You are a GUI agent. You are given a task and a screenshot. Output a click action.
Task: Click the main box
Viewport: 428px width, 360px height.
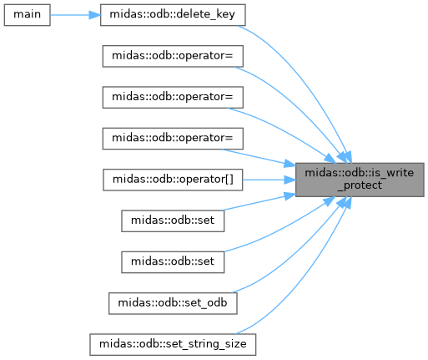pos(27,15)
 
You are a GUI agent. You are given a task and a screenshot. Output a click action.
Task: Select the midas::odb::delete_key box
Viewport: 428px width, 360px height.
pos(173,15)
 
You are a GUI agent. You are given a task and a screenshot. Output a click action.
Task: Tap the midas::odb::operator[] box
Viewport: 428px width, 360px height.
pos(173,180)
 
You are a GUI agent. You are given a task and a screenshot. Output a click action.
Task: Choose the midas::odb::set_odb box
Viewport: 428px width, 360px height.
pos(173,303)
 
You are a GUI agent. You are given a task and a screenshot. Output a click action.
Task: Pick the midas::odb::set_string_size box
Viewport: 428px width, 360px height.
pos(173,345)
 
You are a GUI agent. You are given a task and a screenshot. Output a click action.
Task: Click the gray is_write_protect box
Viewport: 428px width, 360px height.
pos(360,180)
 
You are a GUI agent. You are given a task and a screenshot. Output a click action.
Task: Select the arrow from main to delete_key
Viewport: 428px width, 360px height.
pos(75,15)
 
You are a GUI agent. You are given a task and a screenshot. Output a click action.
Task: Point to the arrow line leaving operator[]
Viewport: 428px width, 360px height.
pos(269,180)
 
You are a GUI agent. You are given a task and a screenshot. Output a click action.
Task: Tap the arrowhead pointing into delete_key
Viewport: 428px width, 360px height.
pos(94,15)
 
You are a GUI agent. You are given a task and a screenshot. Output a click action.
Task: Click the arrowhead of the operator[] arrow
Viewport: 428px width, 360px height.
pos(290,180)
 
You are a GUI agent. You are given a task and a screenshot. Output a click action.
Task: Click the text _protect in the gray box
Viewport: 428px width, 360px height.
pos(360,185)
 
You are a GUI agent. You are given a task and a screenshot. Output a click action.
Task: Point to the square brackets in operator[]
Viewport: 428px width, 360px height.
pos(229,180)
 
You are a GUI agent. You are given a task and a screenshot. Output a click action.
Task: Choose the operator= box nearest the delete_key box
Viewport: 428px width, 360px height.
pos(173,56)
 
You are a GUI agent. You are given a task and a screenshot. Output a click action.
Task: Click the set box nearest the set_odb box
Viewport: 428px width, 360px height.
pos(173,262)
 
